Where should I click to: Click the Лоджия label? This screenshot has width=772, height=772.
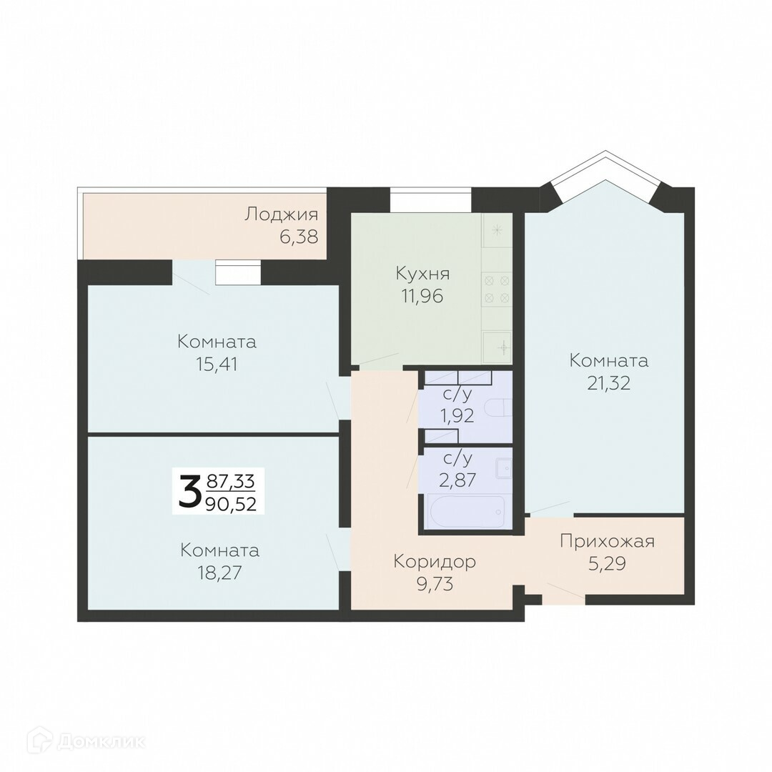(282, 214)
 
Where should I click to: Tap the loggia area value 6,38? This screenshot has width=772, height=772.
(299, 237)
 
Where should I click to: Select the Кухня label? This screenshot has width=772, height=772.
(422, 274)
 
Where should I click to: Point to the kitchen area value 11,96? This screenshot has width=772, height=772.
(422, 296)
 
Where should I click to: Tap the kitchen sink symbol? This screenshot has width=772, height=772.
(497, 347)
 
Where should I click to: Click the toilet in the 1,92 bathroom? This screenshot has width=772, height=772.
(498, 408)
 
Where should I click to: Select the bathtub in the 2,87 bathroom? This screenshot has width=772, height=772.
(467, 511)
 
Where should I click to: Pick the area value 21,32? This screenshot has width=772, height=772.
(608, 383)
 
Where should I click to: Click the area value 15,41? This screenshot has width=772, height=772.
(217, 365)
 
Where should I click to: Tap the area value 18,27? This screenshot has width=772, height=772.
(219, 573)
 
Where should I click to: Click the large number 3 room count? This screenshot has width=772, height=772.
(189, 490)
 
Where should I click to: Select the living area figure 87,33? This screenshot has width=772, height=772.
(231, 480)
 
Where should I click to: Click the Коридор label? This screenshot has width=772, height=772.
(435, 561)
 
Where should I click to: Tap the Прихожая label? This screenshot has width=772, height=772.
(607, 541)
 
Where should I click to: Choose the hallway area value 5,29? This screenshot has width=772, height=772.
(607, 563)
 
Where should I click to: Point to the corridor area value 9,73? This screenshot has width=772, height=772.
(435, 584)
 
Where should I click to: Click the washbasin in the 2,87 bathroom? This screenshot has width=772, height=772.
(503, 469)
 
